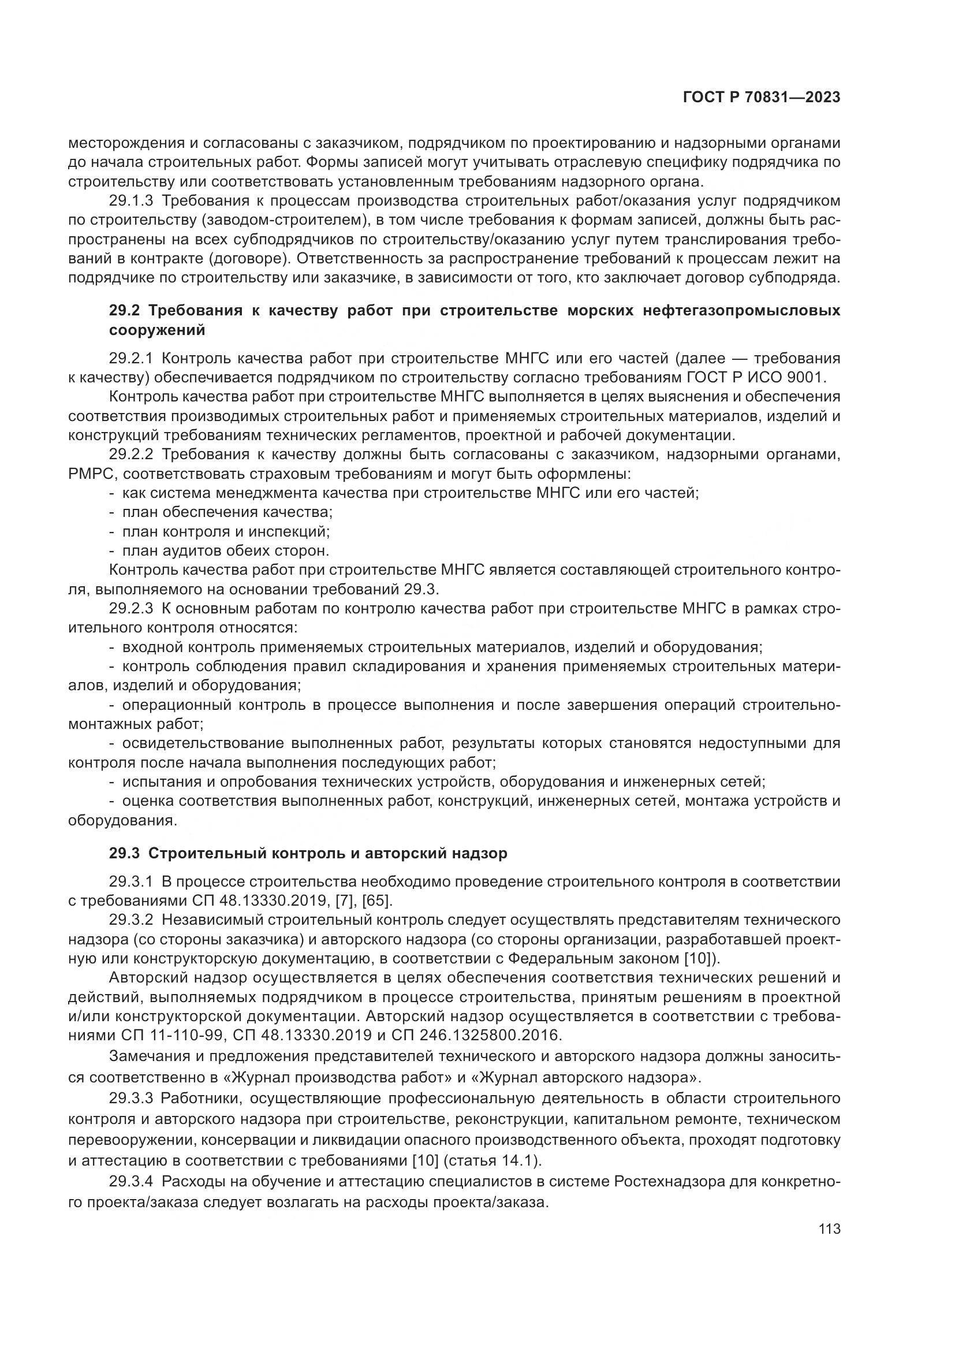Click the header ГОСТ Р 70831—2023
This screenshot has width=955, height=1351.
761,98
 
